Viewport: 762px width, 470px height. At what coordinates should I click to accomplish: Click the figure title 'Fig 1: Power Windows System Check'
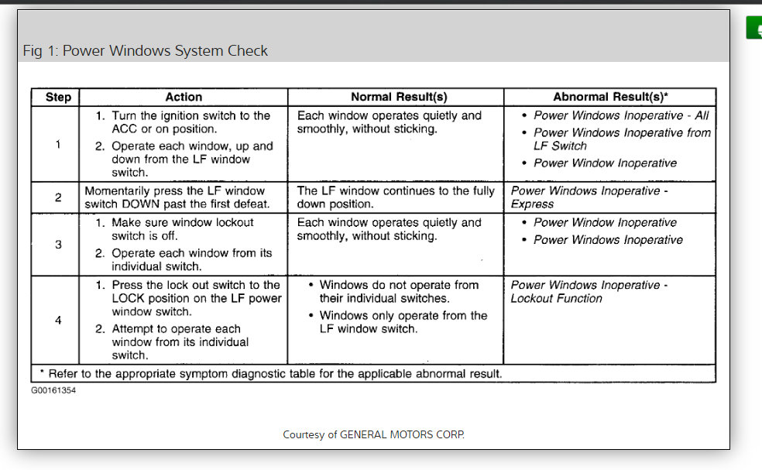pyautogui.click(x=146, y=51)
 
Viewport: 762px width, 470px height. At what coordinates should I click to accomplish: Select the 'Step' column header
pyautogui.click(x=58, y=98)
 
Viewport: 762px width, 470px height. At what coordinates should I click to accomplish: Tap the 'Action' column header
pyautogui.click(x=184, y=98)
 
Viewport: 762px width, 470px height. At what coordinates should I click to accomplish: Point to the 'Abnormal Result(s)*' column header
pyautogui.click(x=611, y=98)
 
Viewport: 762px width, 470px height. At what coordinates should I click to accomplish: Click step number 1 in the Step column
pyautogui.click(x=58, y=144)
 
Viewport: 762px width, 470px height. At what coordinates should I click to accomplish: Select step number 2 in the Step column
pyautogui.click(x=58, y=197)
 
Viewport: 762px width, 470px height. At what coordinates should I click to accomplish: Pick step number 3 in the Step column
pyautogui.click(x=58, y=244)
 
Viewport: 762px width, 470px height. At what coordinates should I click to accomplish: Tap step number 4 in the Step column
pyautogui.click(x=58, y=320)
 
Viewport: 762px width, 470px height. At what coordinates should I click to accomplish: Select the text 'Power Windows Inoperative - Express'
pyautogui.click(x=589, y=197)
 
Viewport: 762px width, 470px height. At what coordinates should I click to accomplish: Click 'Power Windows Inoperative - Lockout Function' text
pyautogui.click(x=589, y=291)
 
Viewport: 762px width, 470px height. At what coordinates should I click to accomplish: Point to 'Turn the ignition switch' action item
pyautogui.click(x=190, y=122)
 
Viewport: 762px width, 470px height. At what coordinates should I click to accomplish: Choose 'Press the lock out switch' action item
pyautogui.click(x=196, y=298)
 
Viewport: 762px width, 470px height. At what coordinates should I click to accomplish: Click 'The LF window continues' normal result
pyautogui.click(x=395, y=197)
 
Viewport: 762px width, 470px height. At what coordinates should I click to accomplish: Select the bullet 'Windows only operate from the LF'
pyautogui.click(x=403, y=322)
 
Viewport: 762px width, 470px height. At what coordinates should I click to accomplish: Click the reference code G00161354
pyautogui.click(x=53, y=390)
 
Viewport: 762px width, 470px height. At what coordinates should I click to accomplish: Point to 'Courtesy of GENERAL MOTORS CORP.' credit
pyautogui.click(x=373, y=434)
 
